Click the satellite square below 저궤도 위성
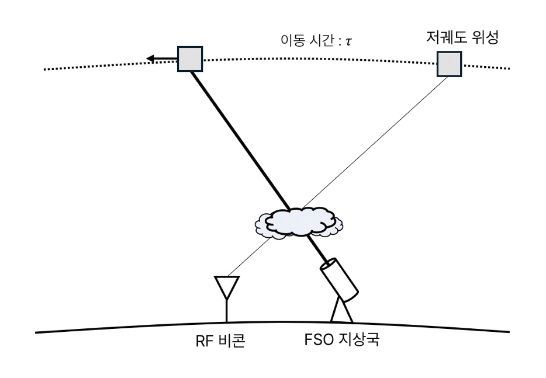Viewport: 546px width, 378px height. [x=449, y=64]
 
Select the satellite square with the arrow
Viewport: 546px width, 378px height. [x=189, y=58]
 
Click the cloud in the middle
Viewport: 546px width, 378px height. [x=298, y=222]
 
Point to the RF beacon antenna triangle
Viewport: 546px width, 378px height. [x=226, y=286]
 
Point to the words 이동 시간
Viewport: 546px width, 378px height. [x=303, y=42]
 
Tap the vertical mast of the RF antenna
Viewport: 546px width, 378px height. [x=226, y=313]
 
